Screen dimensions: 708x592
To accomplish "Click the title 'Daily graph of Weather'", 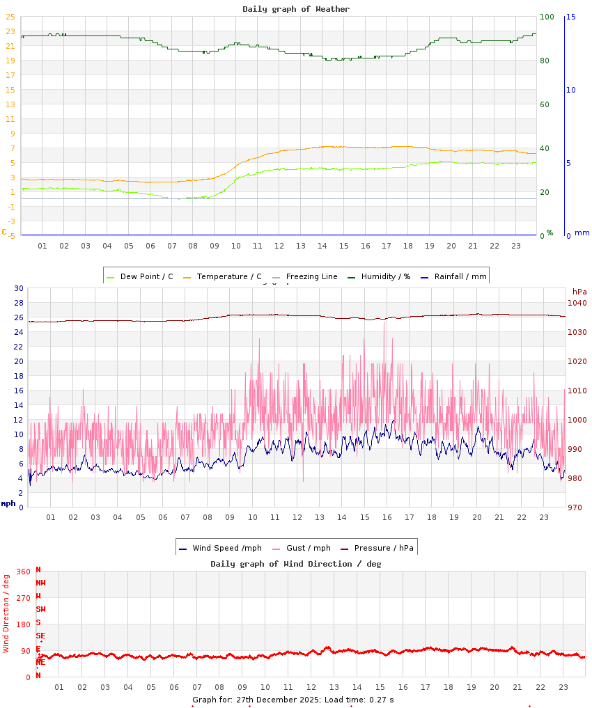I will [x=296, y=9].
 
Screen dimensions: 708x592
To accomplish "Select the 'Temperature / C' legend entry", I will [x=228, y=276].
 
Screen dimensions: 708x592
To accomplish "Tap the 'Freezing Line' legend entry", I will [x=311, y=276].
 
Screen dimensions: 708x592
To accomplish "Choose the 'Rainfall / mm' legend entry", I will [x=460, y=276].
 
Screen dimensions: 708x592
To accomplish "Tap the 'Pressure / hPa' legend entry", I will [x=384, y=548].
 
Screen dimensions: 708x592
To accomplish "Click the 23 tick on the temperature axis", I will [x=10, y=31].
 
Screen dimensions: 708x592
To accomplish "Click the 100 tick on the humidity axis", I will [x=547, y=17].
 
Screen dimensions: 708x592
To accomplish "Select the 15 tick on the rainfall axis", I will [x=570, y=17].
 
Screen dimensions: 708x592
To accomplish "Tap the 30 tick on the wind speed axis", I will [x=19, y=288].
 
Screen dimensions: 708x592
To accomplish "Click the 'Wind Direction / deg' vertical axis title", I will [x=6, y=613].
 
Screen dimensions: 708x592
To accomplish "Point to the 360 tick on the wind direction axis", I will [x=23, y=572].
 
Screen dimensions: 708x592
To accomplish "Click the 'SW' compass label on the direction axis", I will [x=40, y=609].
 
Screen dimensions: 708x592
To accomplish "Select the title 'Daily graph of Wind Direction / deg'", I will [x=296, y=564].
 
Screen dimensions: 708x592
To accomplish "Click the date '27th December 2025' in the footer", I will [x=278, y=700].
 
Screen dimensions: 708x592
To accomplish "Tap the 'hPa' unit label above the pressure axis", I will [x=579, y=292].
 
